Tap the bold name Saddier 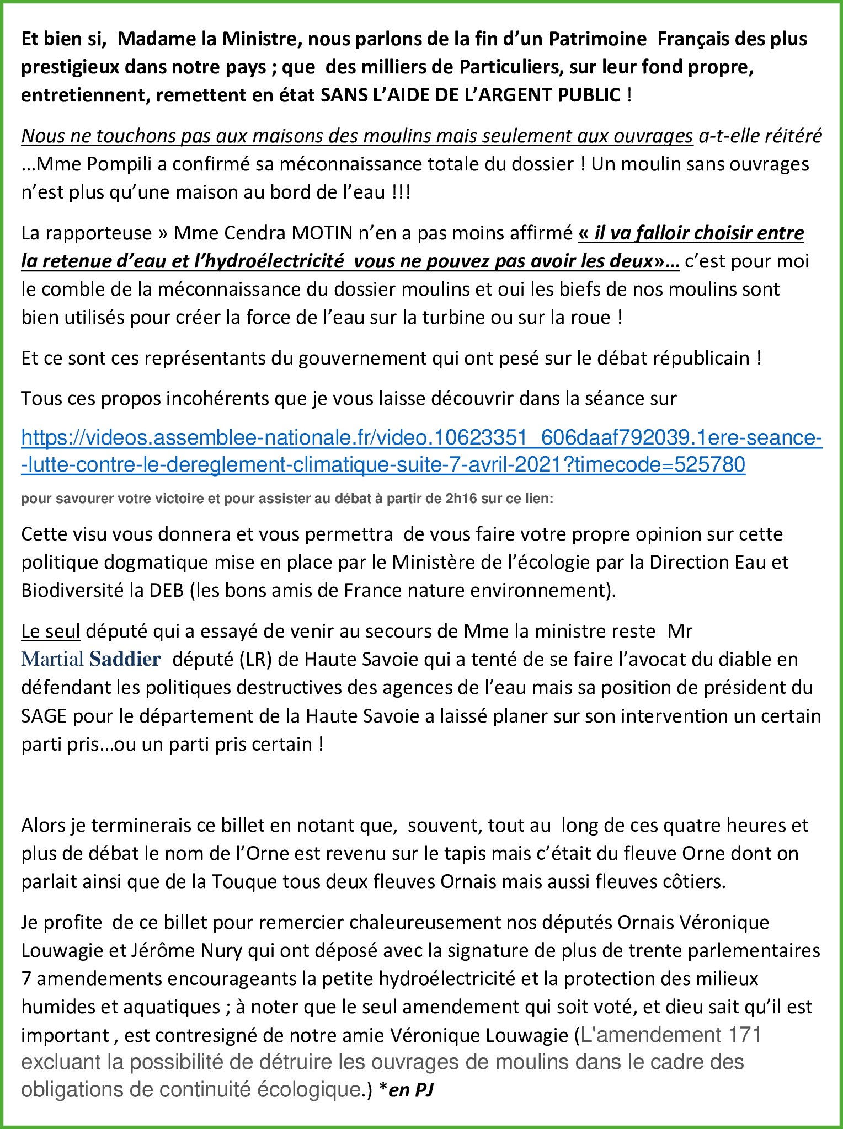pos(125,659)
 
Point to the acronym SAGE pos(44,716)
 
